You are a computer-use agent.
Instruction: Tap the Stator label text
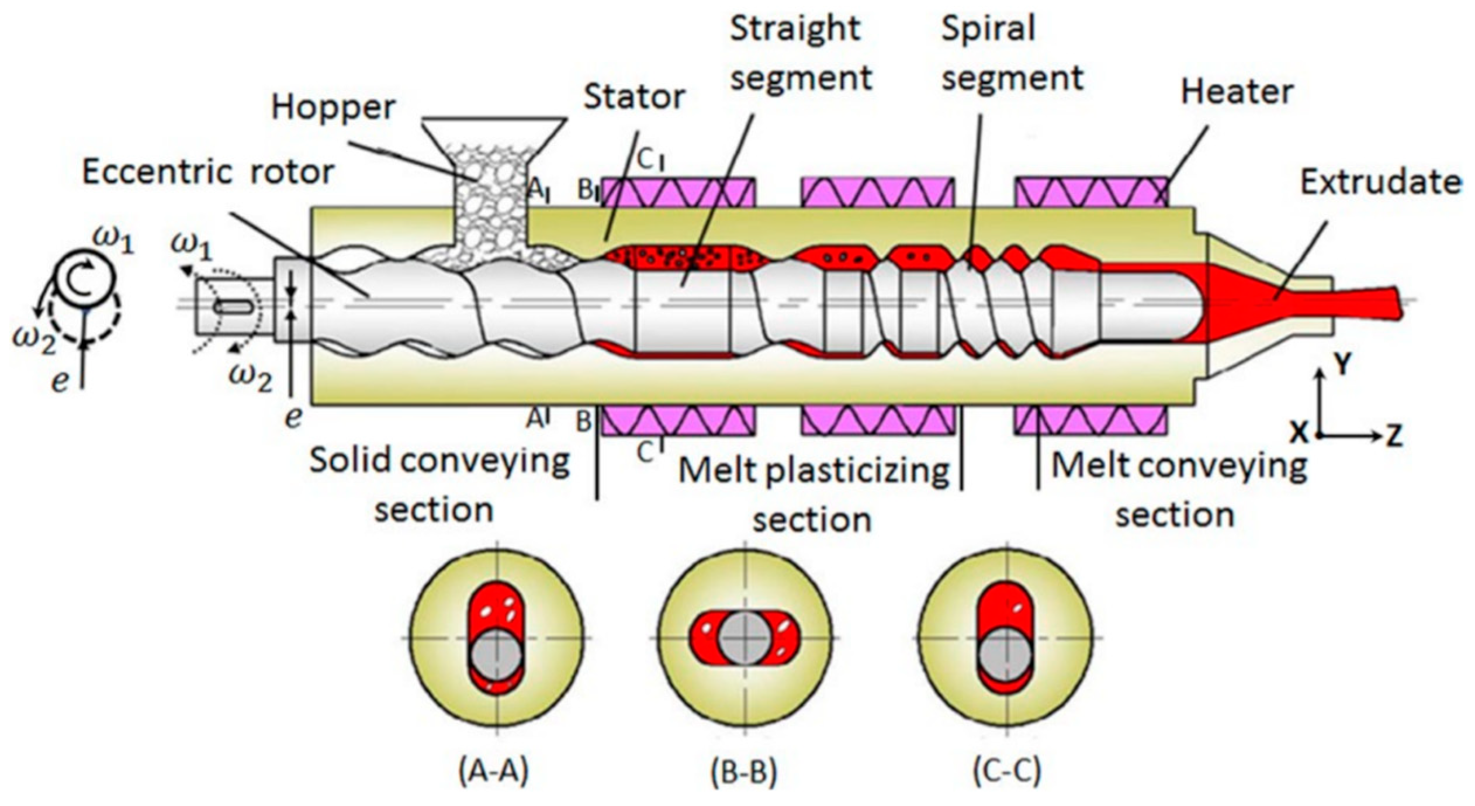[x=634, y=97]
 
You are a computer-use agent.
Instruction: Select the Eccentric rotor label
[x=208, y=172]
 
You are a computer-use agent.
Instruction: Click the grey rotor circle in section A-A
[x=496, y=654]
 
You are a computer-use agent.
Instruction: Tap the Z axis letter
[x=1394, y=435]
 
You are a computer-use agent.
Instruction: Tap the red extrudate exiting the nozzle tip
[x=1367, y=305]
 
